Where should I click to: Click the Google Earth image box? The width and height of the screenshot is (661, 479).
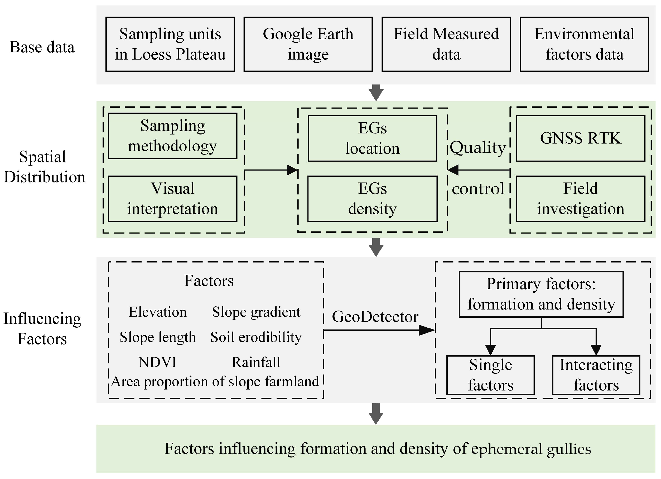[308, 44]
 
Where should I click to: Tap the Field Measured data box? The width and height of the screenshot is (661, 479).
[446, 44]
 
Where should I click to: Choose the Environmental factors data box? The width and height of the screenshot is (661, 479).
[584, 44]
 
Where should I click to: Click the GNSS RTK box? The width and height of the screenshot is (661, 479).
[580, 138]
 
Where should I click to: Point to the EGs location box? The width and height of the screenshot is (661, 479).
[372, 138]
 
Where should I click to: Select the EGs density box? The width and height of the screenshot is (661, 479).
[372, 199]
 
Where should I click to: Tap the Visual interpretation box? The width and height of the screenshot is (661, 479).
[172, 199]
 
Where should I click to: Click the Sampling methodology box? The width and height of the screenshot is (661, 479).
[172, 136]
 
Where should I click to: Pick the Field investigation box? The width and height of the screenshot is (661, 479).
[580, 199]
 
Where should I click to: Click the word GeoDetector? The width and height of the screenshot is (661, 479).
[375, 317]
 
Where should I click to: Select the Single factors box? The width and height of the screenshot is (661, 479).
[490, 375]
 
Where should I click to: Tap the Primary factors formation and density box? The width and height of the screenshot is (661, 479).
[541, 294]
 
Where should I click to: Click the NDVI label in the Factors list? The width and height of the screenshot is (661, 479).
[157, 362]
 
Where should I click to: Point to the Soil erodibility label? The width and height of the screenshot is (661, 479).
[256, 337]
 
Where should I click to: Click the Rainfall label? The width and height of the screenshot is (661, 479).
[256, 362]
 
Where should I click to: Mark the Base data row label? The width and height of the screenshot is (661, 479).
[42, 47]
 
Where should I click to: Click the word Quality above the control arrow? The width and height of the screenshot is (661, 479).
[478, 148]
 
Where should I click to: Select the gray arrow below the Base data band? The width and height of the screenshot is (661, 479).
[376, 93]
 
